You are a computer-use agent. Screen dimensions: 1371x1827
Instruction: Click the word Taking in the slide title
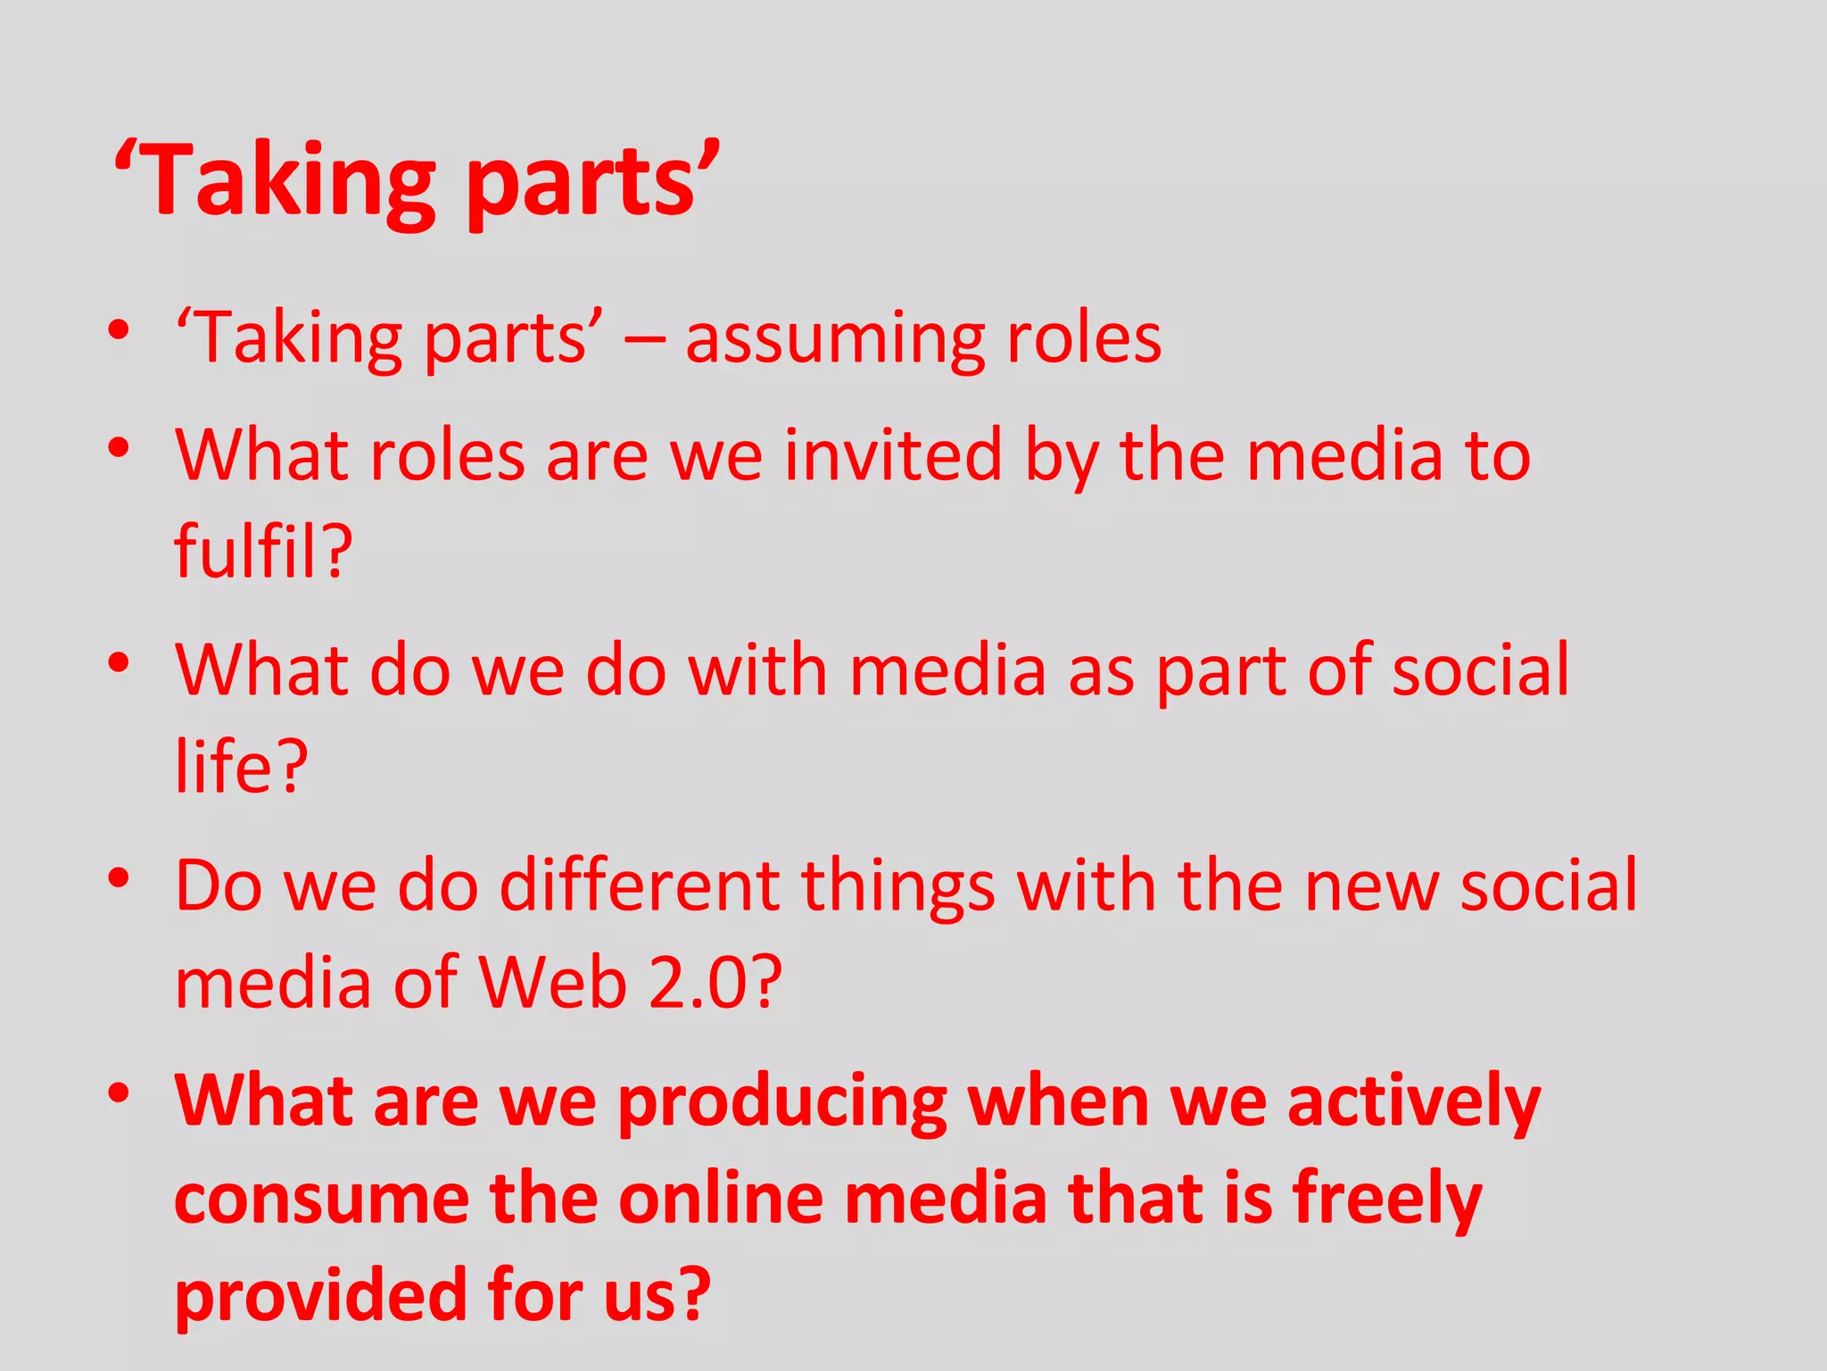point(285,182)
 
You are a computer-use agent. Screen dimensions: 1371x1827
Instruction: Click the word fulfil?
point(263,551)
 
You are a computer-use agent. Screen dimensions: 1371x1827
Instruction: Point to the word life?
point(241,766)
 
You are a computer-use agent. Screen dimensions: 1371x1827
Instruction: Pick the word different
point(639,886)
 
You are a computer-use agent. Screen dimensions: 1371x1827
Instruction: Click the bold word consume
point(321,1200)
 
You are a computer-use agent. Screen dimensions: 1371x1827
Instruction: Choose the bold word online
point(721,1200)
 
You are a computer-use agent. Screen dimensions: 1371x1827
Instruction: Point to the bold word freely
point(1387,1200)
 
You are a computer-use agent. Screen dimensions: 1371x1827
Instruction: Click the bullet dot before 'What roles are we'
point(119,447)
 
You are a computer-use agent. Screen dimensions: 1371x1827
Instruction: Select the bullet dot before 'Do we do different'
point(119,878)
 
